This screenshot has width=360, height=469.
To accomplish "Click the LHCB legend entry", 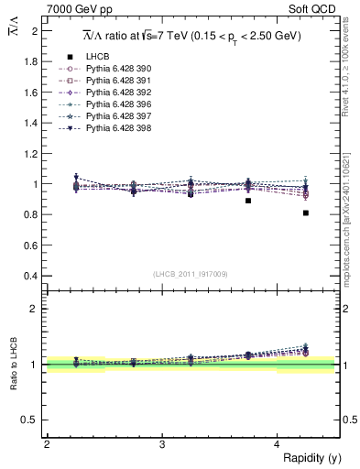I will coord(98,57).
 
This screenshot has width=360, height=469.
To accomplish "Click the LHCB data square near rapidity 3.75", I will coord(248,200).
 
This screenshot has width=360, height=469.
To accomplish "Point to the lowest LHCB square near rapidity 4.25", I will coord(306,213).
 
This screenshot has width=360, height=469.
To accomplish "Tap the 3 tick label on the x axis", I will coord(162,445).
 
